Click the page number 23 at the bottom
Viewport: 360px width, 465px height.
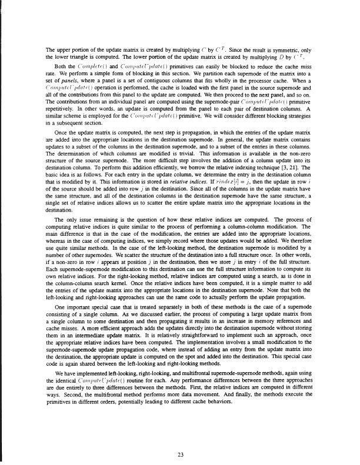(x=180, y=436)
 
